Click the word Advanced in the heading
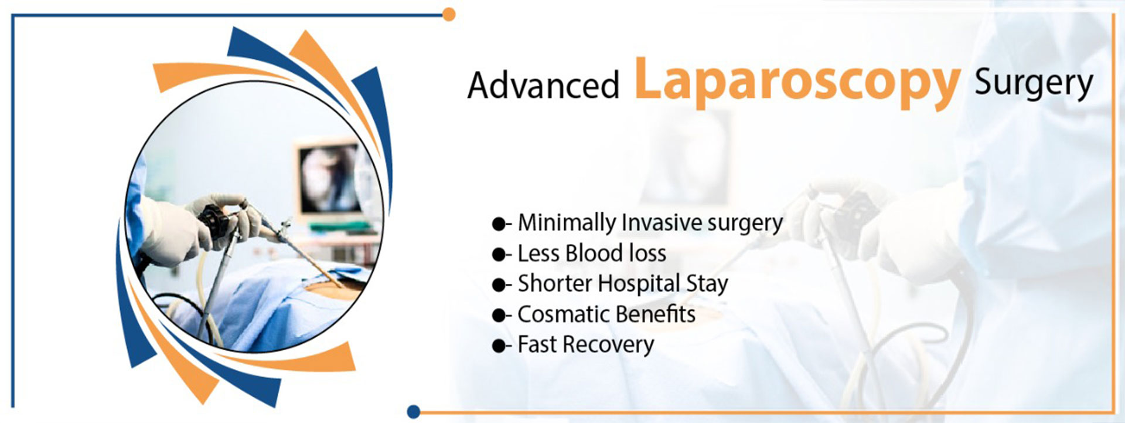coord(543,85)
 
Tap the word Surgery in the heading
coord(1034,84)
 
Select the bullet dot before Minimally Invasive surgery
coord(498,224)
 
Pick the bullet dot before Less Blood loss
coord(498,254)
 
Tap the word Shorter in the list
coord(555,284)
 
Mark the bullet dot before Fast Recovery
coord(498,346)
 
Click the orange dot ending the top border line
coord(449,14)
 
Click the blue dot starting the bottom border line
coord(414,411)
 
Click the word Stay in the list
coord(707,285)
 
